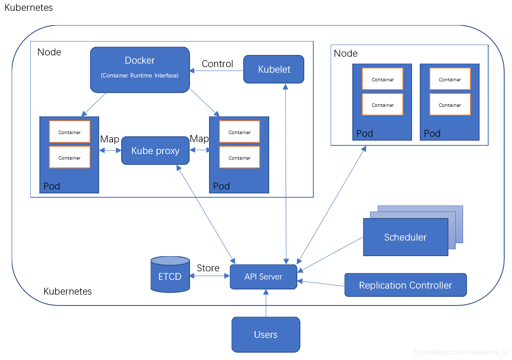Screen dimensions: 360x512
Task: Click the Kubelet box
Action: pyautogui.click(x=274, y=69)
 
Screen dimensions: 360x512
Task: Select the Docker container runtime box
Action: pyautogui.click(x=140, y=69)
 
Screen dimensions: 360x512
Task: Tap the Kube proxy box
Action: pyautogui.click(x=155, y=151)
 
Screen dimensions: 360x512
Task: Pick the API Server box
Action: pyautogui.click(x=263, y=277)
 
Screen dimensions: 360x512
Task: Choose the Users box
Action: pyautogui.click(x=266, y=334)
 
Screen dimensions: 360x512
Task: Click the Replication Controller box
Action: pyautogui.click(x=406, y=285)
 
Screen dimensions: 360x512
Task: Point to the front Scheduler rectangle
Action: pyautogui.click(x=405, y=237)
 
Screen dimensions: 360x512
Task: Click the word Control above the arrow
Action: pyautogui.click(x=217, y=64)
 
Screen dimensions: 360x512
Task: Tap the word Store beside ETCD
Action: pyautogui.click(x=208, y=268)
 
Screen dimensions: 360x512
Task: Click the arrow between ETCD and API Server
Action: pyautogui.click(x=209, y=276)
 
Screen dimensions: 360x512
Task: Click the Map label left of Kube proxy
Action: pyautogui.click(x=109, y=139)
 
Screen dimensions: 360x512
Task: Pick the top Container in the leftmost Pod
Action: pyautogui.click(x=70, y=132)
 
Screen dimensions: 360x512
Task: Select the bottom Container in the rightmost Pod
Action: pyautogui.click(x=450, y=105)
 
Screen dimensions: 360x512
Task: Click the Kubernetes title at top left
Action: pyautogui.click(x=29, y=8)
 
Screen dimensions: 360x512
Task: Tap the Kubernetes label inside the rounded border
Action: pyautogui.click(x=68, y=291)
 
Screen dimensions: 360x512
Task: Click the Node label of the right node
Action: pyautogui.click(x=346, y=53)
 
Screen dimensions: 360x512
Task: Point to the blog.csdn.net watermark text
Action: pyautogui.click(x=461, y=352)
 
